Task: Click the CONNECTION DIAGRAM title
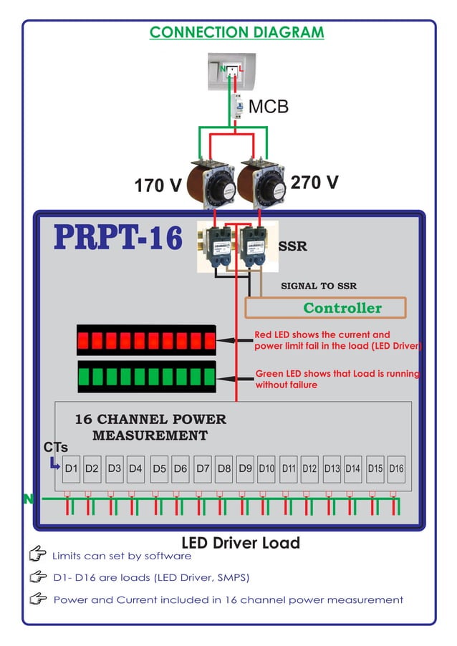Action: click(x=236, y=32)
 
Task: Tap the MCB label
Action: click(x=269, y=107)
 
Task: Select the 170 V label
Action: click(x=158, y=186)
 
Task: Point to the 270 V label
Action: click(x=314, y=182)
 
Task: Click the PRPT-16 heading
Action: click(x=118, y=238)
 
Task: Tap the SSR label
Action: click(x=292, y=246)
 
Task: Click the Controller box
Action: click(x=325, y=308)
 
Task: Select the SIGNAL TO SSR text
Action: click(x=319, y=286)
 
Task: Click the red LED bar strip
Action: click(x=146, y=340)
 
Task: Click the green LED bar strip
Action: click(x=146, y=376)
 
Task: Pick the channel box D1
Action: click(x=71, y=468)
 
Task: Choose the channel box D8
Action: click(x=224, y=468)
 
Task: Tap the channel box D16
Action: click(x=396, y=468)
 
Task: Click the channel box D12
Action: click(x=309, y=468)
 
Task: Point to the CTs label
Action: click(x=56, y=447)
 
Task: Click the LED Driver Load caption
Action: click(x=241, y=543)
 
